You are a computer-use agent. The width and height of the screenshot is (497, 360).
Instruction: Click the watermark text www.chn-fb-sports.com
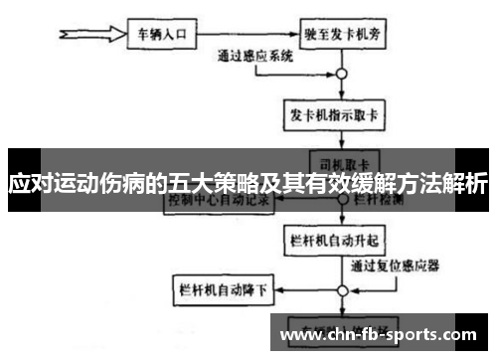click(379, 334)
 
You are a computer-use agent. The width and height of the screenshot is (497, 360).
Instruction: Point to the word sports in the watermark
click(416, 334)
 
